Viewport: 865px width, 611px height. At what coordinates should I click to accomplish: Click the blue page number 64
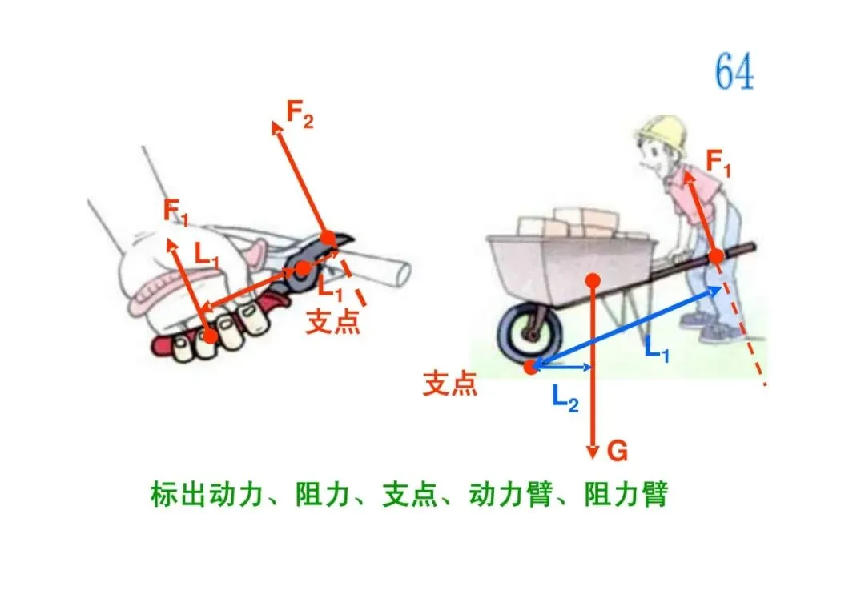(734, 73)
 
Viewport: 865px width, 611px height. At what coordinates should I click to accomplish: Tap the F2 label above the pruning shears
(300, 117)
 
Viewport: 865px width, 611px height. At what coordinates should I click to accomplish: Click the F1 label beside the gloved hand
(177, 211)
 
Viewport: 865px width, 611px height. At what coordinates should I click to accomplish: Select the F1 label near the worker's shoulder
(718, 162)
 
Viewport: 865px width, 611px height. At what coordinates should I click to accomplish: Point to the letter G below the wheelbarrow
(617, 452)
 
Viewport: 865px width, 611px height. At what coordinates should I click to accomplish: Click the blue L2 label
(565, 397)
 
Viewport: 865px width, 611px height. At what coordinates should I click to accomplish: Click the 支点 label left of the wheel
(450, 384)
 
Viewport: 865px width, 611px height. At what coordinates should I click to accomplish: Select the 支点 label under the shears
(332, 320)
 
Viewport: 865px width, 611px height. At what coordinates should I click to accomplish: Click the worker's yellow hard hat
(662, 133)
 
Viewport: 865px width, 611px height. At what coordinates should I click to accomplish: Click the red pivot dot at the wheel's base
(529, 367)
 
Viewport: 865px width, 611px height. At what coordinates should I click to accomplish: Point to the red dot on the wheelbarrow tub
(593, 279)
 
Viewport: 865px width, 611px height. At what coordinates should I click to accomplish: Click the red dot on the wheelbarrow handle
(716, 256)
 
